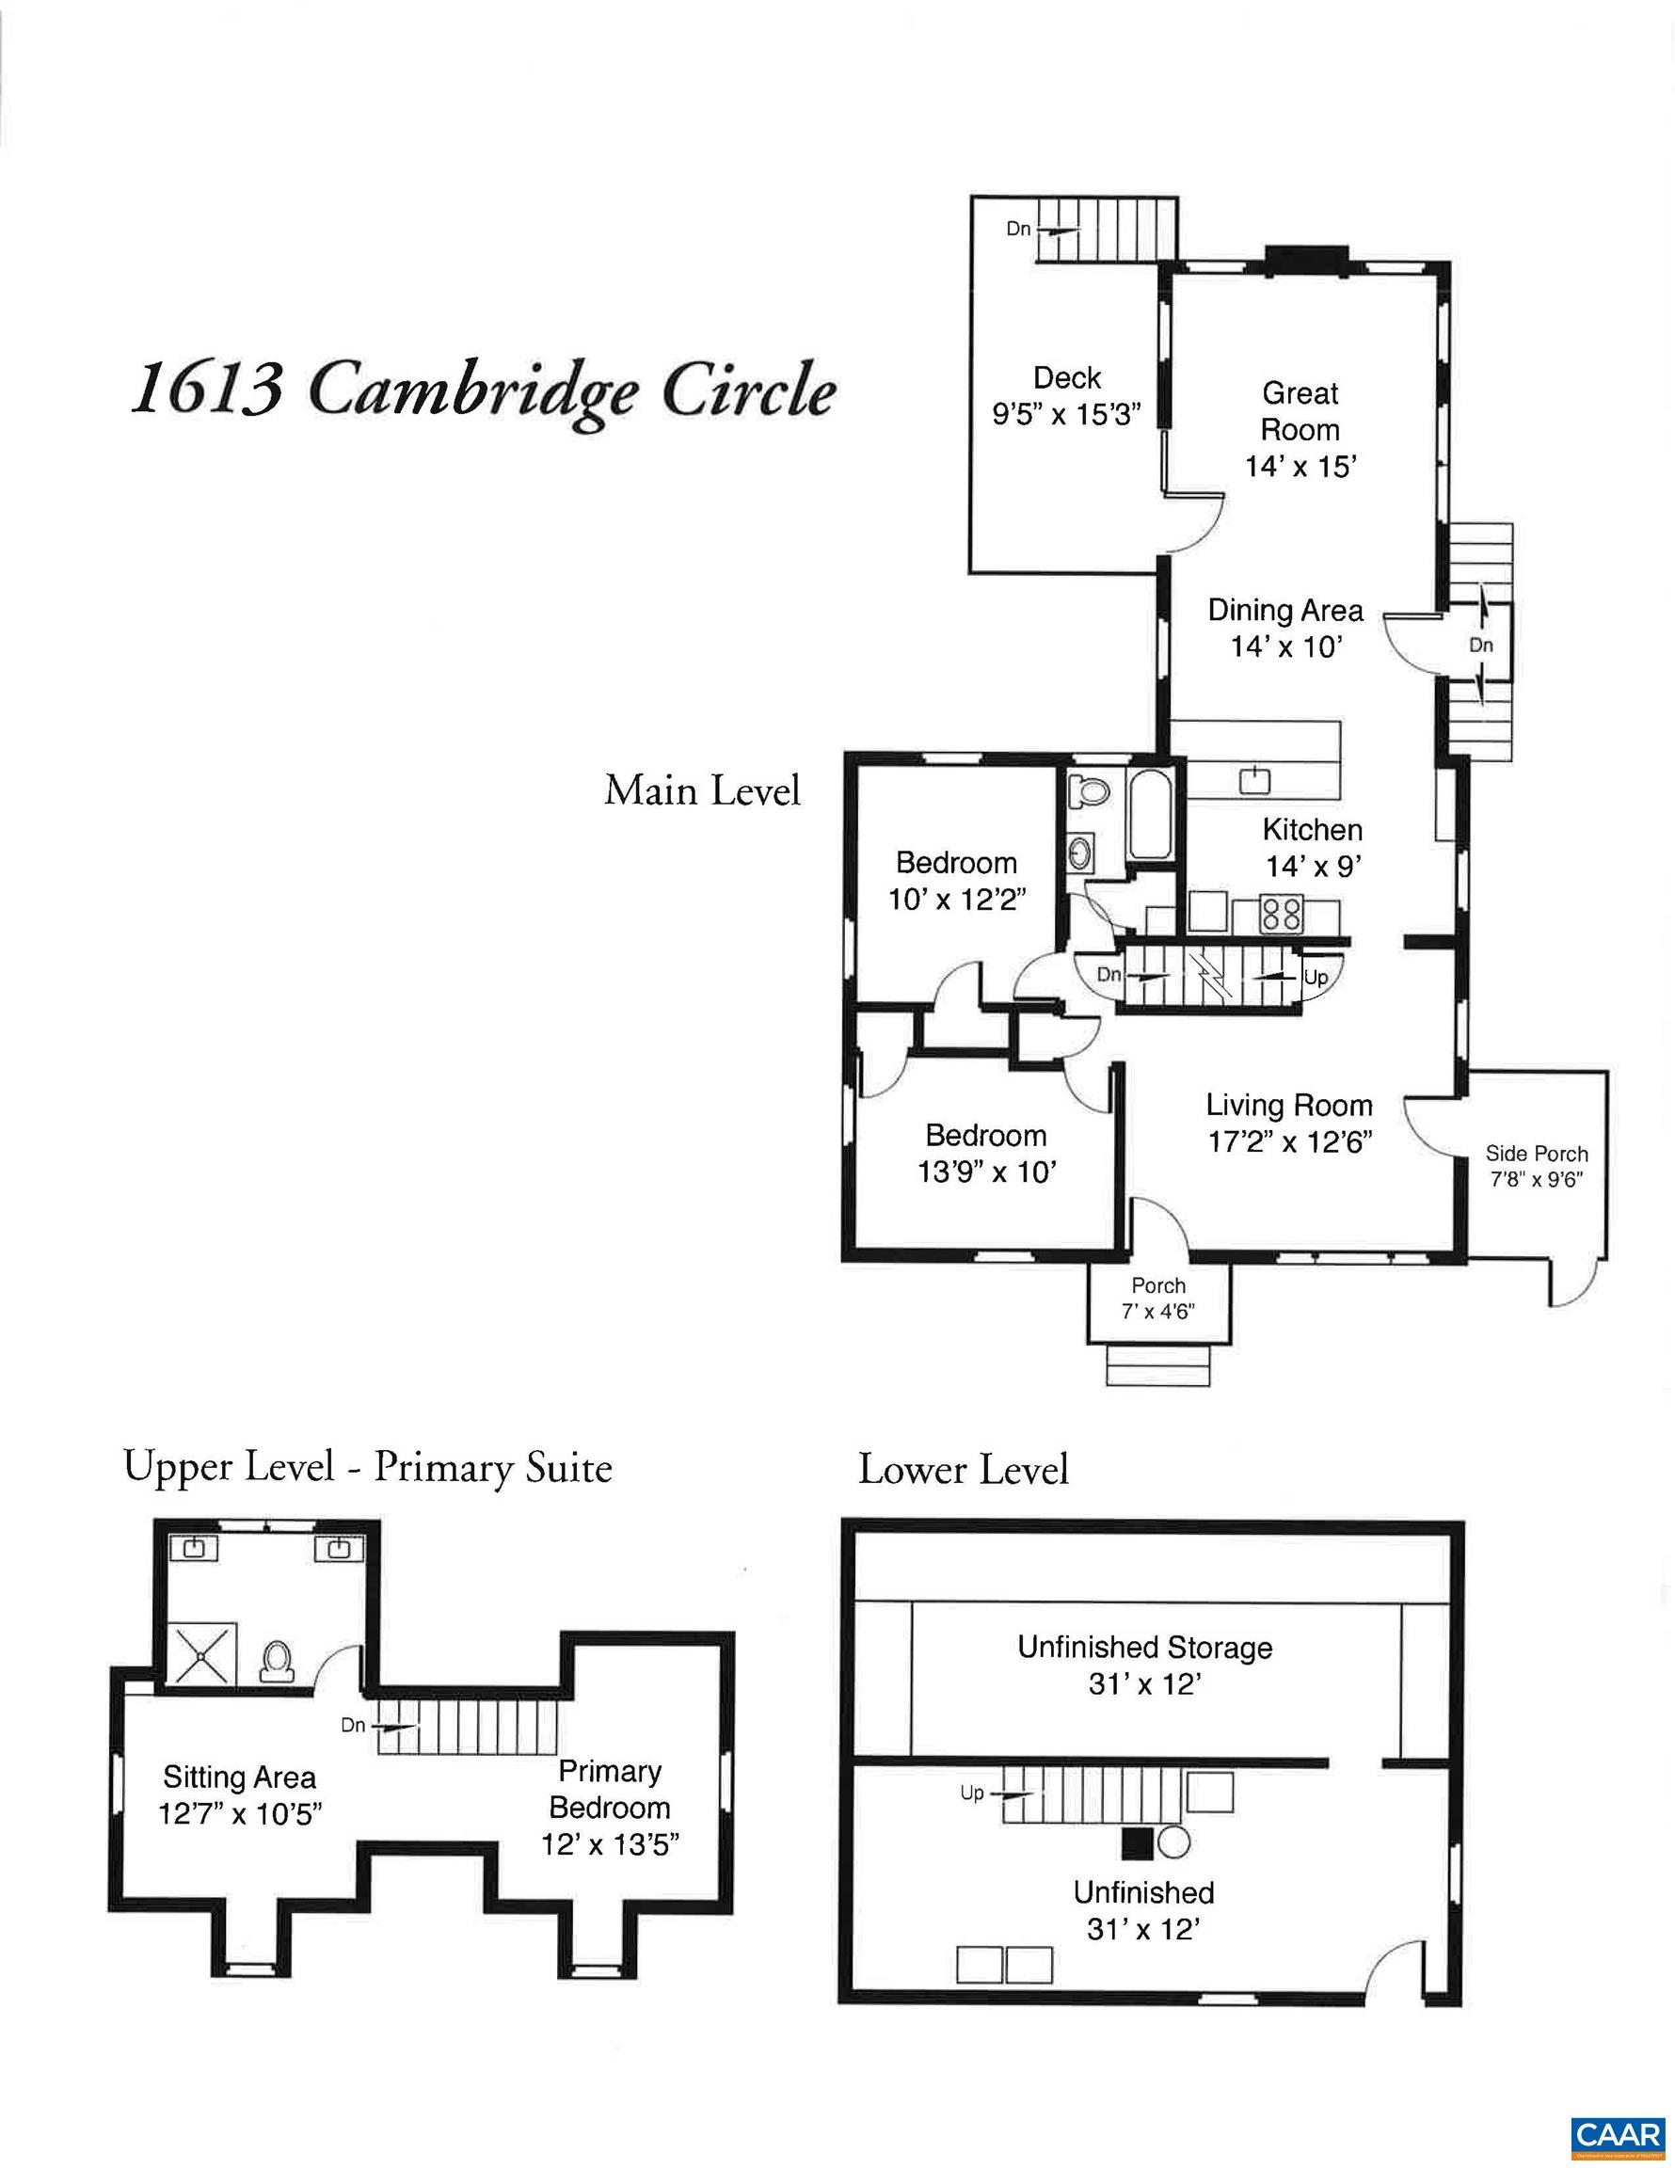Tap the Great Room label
(x=1300, y=411)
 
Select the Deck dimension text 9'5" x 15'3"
(x=1066, y=414)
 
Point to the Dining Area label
(x=1284, y=610)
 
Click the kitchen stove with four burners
(x=1281, y=914)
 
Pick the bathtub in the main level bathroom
(x=1151, y=813)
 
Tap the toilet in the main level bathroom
(x=1089, y=790)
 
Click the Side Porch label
(x=1536, y=1154)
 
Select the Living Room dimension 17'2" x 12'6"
(x=1289, y=1141)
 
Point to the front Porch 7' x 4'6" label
(x=1157, y=1299)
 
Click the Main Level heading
(x=702, y=791)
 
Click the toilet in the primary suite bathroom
(x=276, y=1660)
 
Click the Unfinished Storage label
(x=1144, y=1648)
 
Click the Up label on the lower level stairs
(x=971, y=1793)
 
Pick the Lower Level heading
(x=963, y=1470)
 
